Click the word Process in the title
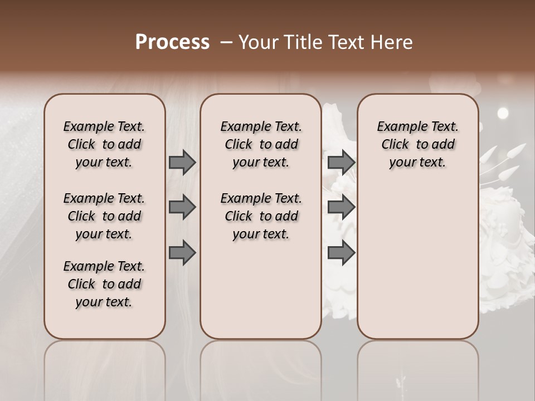click(172, 42)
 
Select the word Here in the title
click(392, 42)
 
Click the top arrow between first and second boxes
click(182, 162)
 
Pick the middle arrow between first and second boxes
click(182, 208)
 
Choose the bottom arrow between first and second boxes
click(182, 253)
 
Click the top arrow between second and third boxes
click(341, 162)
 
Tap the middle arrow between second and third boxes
click(341, 208)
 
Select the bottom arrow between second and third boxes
click(341, 253)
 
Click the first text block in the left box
click(104, 144)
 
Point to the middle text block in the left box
click(104, 216)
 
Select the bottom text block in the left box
click(104, 284)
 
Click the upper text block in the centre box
click(261, 144)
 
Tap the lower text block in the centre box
click(261, 216)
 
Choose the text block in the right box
click(418, 144)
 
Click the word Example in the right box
click(398, 127)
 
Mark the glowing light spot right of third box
click(503, 113)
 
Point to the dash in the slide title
click(226, 42)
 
